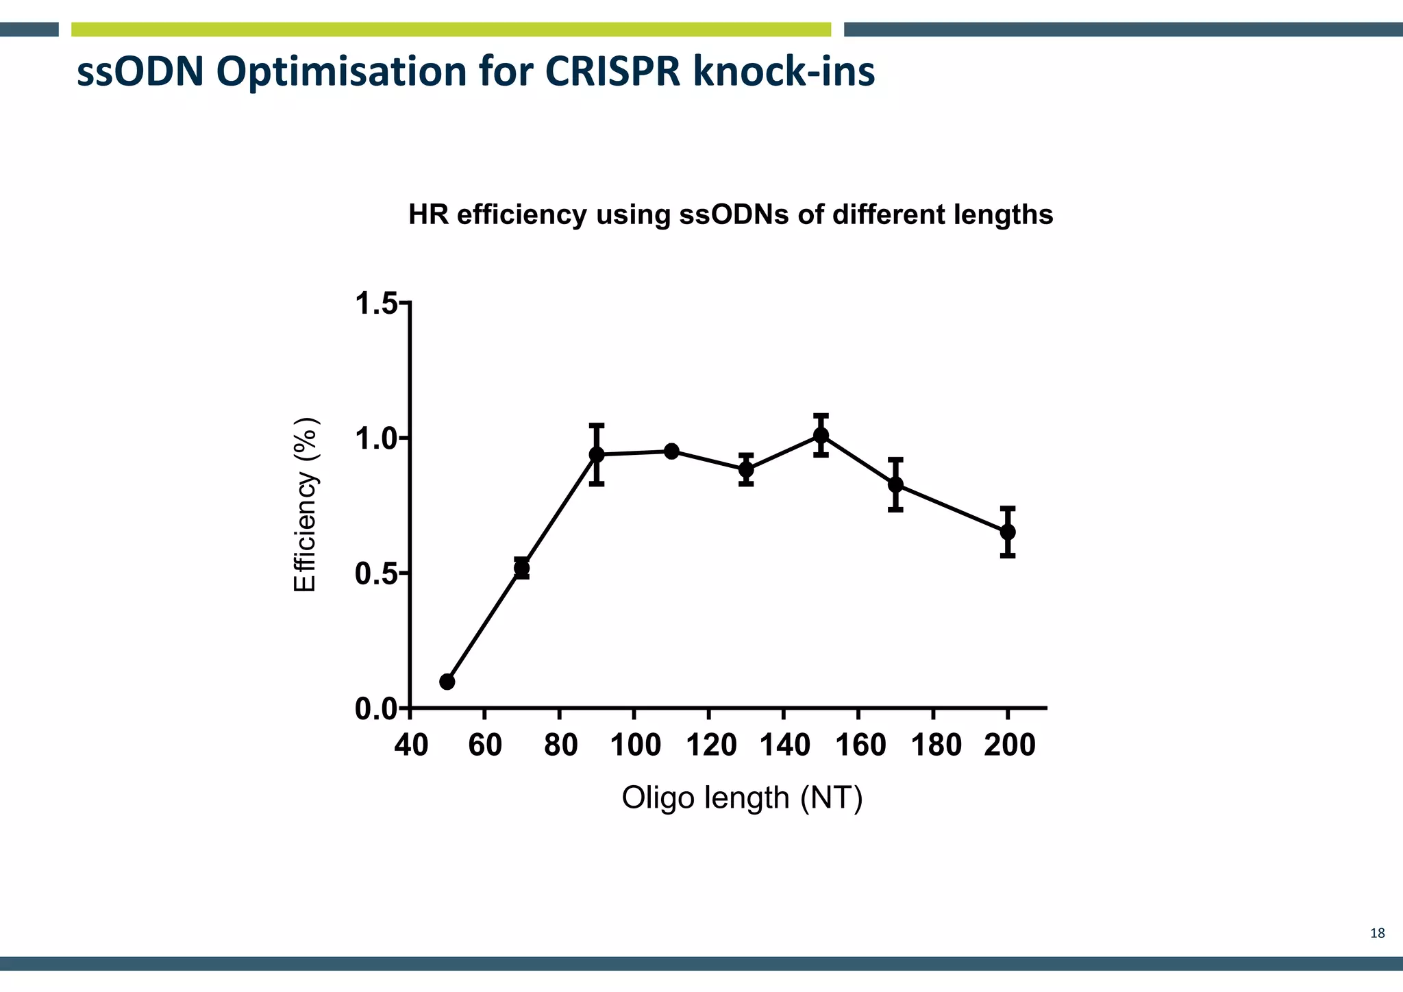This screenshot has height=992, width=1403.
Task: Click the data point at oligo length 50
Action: pos(447,682)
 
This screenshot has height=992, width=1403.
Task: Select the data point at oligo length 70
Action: pos(521,568)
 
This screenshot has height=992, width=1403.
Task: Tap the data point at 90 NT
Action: pos(597,454)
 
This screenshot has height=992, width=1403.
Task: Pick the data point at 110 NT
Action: pos(671,451)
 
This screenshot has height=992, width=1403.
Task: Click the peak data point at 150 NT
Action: pos(821,435)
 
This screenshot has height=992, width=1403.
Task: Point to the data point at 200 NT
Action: pos(1008,532)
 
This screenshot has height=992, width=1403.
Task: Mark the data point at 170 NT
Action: pos(895,484)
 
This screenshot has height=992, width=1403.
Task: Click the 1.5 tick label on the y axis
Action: pos(376,303)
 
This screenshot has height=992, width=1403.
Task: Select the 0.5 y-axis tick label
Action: pos(376,574)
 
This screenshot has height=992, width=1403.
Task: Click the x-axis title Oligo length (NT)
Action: pos(742,798)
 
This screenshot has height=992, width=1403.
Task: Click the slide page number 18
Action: pos(1377,933)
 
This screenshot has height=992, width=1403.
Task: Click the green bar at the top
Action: pos(451,29)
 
